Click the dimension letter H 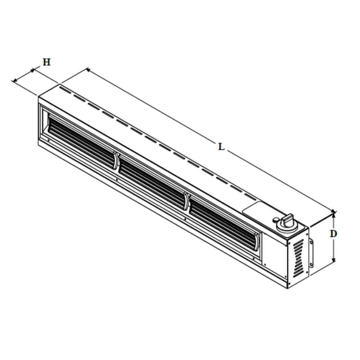[x=46, y=62]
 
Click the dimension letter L [x=221, y=147]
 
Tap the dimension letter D [x=333, y=234]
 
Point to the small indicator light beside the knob [x=275, y=220]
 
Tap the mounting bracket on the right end [x=311, y=254]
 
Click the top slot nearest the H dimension [x=64, y=89]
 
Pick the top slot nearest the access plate [x=250, y=197]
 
